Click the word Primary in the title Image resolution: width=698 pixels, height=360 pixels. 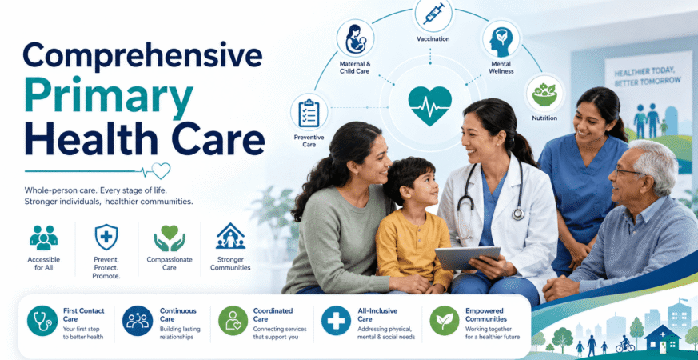pos(109,96)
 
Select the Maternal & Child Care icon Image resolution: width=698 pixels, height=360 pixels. pos(355,38)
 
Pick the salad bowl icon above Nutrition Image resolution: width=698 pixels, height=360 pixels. pos(544,94)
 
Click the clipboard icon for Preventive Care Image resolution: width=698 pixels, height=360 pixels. pos(309,112)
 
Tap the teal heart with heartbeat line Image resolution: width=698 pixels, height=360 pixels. pos(429,106)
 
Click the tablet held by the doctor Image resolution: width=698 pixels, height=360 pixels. pos(468,258)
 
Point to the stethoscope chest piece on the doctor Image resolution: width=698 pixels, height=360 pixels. pos(518,214)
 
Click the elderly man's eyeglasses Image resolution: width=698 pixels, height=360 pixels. pos(628,170)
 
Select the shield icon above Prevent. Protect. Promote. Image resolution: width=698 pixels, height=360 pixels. pos(106,237)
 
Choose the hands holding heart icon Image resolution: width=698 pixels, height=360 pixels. pos(170,238)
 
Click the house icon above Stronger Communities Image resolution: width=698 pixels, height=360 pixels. pos(230,236)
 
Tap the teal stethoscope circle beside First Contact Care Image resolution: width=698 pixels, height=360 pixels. pos(42,321)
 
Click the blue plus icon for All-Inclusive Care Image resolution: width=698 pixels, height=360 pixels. pos(336,321)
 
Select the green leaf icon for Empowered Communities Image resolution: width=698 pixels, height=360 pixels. pos(445,321)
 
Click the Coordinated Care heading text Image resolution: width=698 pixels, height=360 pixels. pos(273,315)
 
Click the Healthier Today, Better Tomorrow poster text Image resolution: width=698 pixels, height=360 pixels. pos(648,77)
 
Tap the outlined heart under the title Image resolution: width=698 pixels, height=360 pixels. pos(161,170)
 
